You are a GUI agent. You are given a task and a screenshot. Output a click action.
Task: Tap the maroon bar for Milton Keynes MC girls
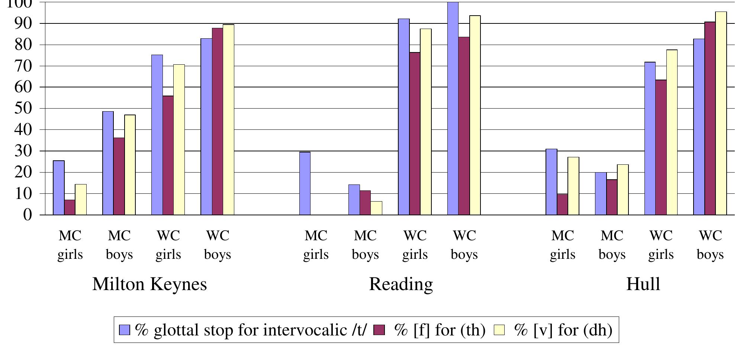70,208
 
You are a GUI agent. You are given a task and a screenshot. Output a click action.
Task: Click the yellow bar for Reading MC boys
376,208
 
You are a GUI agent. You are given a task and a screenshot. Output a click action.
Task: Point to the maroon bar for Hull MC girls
562,205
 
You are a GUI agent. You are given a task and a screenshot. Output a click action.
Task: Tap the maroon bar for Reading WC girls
415,134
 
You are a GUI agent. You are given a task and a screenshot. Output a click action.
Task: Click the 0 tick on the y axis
28,215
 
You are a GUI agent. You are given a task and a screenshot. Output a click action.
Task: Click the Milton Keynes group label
149,284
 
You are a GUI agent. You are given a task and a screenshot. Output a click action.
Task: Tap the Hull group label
643,284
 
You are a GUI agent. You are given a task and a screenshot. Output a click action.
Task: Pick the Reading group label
401,284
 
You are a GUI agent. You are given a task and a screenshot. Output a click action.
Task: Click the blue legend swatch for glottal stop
125,330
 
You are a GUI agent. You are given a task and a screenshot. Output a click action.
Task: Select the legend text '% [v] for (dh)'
563,330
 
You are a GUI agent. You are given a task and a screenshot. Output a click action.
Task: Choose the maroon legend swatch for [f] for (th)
379,330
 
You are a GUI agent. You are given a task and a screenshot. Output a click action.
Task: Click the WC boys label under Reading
464,245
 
